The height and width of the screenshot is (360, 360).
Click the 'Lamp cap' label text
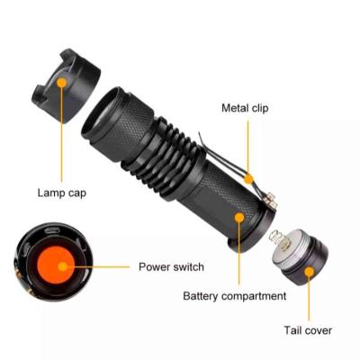click(62, 193)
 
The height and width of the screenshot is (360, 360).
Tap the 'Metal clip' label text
click(245, 108)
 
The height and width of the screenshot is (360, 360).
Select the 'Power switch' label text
click(171, 266)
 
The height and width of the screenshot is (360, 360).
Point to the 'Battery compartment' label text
click(235, 296)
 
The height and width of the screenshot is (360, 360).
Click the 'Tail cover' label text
click(308, 330)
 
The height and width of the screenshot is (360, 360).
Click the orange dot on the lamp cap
click(62, 83)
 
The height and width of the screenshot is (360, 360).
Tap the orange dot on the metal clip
click(248, 179)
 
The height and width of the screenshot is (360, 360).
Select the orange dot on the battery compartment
click(239, 217)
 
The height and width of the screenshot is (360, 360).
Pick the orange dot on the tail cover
click(309, 272)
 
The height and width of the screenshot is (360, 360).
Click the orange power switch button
click(56, 265)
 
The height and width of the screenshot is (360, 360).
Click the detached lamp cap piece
click(66, 86)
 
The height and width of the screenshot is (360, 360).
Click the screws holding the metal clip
click(271, 200)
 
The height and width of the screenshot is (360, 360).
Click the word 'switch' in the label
click(188, 266)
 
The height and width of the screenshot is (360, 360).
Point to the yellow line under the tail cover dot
click(309, 299)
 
